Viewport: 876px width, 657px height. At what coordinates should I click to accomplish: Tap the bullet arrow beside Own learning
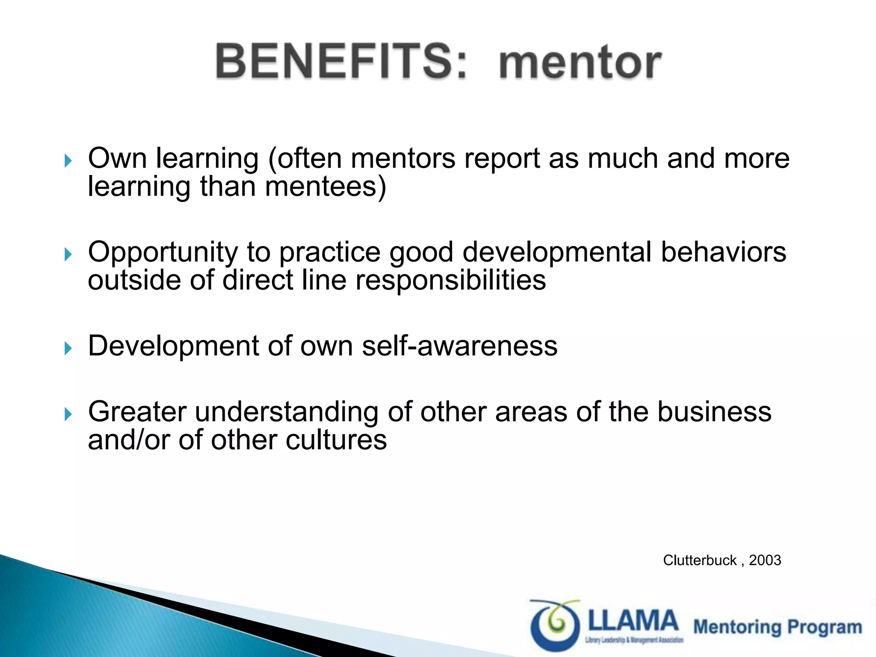(68, 161)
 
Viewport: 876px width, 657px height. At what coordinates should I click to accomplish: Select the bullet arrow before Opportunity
(68, 255)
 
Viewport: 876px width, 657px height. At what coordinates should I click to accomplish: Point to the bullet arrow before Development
(68, 348)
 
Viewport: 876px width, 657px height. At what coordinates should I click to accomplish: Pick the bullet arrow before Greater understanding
(68, 414)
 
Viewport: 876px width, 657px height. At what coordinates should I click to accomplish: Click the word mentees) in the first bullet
(325, 187)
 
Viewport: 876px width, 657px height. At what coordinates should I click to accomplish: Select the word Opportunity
(163, 252)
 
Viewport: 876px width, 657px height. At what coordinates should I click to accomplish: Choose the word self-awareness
(459, 346)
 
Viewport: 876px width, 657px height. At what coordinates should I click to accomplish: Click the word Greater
(137, 411)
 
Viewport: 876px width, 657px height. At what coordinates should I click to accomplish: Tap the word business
(714, 411)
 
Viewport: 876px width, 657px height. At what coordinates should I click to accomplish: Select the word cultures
(336, 440)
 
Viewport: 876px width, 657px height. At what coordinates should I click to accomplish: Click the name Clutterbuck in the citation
(699, 560)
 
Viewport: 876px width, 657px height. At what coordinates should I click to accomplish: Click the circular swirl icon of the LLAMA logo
(555, 625)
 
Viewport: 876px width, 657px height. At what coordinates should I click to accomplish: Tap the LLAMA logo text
(633, 621)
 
